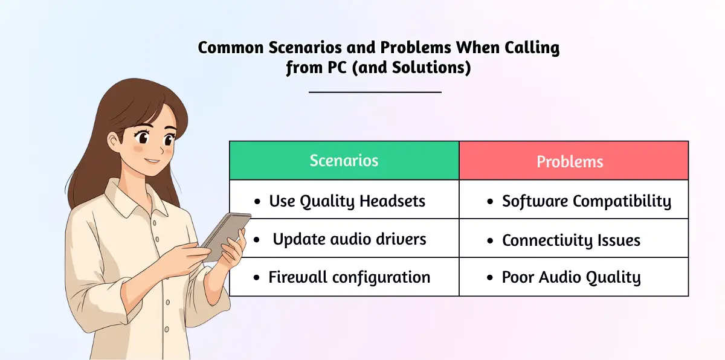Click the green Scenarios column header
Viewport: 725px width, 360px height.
pos(344,161)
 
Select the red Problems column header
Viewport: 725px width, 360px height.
pos(573,161)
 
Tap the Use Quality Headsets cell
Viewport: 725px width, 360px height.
pos(344,199)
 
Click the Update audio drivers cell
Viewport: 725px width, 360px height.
pos(344,239)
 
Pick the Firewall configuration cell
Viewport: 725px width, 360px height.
pos(344,277)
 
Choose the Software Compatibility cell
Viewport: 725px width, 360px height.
pos(573,199)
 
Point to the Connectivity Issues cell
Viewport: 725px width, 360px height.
pos(573,239)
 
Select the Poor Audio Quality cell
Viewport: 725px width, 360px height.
pos(573,277)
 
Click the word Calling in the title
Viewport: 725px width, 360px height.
pos(532,48)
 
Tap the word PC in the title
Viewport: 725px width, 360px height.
pos(337,68)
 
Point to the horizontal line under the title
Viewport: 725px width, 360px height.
pos(375,92)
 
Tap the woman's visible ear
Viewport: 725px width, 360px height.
pos(114,142)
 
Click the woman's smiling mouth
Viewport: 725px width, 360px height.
pos(152,161)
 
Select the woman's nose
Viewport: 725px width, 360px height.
pos(161,149)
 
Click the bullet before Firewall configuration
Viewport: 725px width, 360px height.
pos(257,277)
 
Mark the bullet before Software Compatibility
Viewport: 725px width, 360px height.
pos(490,202)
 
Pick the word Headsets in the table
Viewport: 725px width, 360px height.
pos(392,201)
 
